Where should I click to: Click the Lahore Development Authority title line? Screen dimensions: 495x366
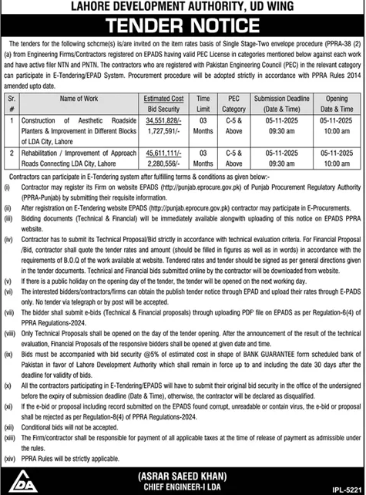pyautogui.click(x=183, y=7)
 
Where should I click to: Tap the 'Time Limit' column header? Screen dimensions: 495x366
pyautogui.click(x=203, y=104)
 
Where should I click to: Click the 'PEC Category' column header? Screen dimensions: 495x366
pyautogui.click(x=234, y=104)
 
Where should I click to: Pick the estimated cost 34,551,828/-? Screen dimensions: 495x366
pyautogui.click(x=163, y=121)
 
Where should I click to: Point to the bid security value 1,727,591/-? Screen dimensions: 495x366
pyautogui.click(x=163, y=133)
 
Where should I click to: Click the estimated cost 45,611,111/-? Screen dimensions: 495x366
pyautogui.click(x=163, y=153)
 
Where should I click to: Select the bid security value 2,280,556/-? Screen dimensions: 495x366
pyautogui.click(x=163, y=164)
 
